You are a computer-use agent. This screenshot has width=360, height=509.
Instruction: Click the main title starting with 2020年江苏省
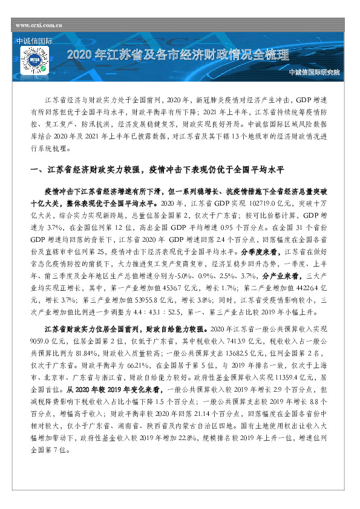(178, 56)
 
